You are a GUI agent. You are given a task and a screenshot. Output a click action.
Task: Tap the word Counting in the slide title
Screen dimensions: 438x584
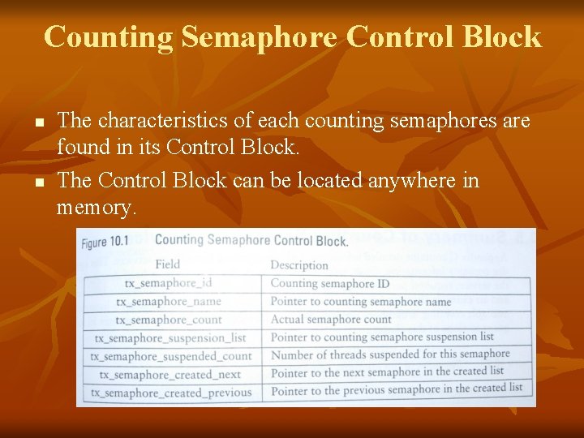coord(108,37)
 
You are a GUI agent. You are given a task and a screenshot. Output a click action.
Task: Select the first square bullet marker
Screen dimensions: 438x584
coord(37,124)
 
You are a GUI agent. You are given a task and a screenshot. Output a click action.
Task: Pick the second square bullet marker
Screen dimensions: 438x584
coord(37,182)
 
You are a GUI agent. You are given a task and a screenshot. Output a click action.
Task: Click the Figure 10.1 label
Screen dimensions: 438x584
coord(106,243)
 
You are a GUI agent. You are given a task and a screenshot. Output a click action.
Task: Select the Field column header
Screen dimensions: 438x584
coord(167,264)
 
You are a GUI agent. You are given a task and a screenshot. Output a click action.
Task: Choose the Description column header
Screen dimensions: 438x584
coord(299,265)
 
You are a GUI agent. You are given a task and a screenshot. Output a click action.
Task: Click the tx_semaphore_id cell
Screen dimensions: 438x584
coord(168,284)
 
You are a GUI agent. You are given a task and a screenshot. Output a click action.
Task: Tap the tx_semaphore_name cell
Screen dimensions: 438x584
coord(168,302)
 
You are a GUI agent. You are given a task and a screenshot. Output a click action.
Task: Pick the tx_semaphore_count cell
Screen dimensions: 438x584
coord(168,320)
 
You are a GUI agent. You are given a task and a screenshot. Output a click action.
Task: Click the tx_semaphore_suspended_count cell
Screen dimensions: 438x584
coord(171,356)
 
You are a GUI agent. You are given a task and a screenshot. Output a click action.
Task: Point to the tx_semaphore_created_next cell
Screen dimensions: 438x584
coord(170,375)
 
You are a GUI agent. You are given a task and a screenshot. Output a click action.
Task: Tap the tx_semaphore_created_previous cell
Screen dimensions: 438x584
coord(171,393)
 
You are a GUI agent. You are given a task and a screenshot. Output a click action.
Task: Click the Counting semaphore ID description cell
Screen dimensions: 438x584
coord(329,284)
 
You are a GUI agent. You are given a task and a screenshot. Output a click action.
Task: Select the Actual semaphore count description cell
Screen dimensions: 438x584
coord(331,320)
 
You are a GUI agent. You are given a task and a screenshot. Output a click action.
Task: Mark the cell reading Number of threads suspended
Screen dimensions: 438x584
coord(390,354)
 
